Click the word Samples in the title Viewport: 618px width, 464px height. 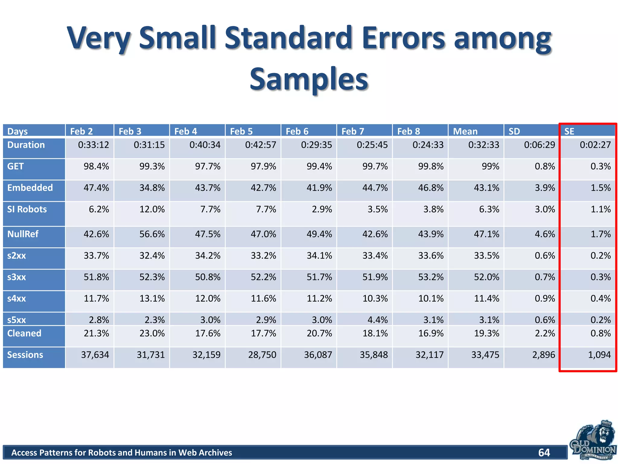click(309, 79)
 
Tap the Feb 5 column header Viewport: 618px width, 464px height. click(241, 131)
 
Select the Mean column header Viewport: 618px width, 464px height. click(465, 131)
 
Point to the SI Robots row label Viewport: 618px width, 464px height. click(27, 209)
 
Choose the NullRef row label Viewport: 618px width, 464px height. click(23, 234)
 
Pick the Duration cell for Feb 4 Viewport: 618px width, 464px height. click(205, 145)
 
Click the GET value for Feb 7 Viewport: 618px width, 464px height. click(375, 166)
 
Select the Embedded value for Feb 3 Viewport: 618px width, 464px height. click(152, 188)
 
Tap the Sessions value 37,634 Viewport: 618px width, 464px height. click(95, 355)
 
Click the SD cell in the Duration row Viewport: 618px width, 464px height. click(539, 145)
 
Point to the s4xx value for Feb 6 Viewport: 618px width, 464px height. click(319, 298)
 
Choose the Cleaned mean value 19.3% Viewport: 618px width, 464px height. click(486, 333)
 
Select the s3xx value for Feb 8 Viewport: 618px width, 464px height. click(431, 277)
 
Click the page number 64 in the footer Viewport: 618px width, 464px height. click(544, 453)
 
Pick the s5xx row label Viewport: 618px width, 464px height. click(17, 320)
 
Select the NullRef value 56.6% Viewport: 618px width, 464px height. click(152, 234)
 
